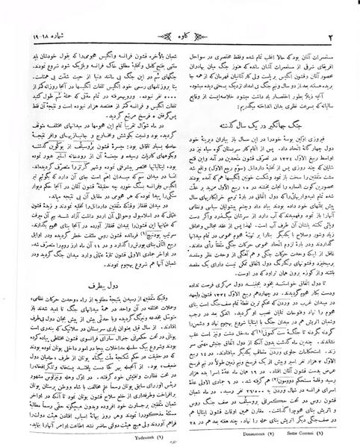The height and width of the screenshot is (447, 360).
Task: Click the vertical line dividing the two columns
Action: click(180, 224)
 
